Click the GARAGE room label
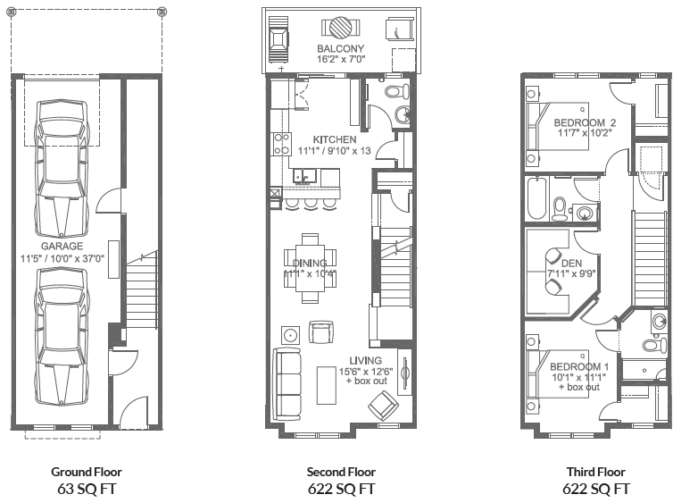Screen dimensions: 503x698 point(62,246)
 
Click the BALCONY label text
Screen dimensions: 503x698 point(340,48)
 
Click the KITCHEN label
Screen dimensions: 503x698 point(335,139)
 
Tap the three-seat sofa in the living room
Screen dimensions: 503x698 point(288,385)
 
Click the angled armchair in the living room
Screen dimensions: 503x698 point(385,407)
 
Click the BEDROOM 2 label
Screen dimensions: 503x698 point(585,122)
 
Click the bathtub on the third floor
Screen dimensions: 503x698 point(536,199)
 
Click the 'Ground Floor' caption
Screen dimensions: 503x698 point(87,472)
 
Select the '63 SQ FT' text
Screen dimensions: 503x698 point(87,489)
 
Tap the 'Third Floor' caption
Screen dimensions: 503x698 point(595,472)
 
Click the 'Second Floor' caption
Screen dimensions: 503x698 point(341,472)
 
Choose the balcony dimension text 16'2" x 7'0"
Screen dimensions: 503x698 point(340,60)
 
